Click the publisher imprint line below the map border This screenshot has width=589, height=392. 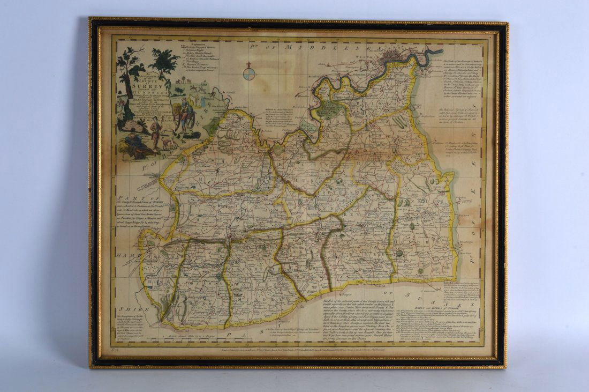(300, 349)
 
